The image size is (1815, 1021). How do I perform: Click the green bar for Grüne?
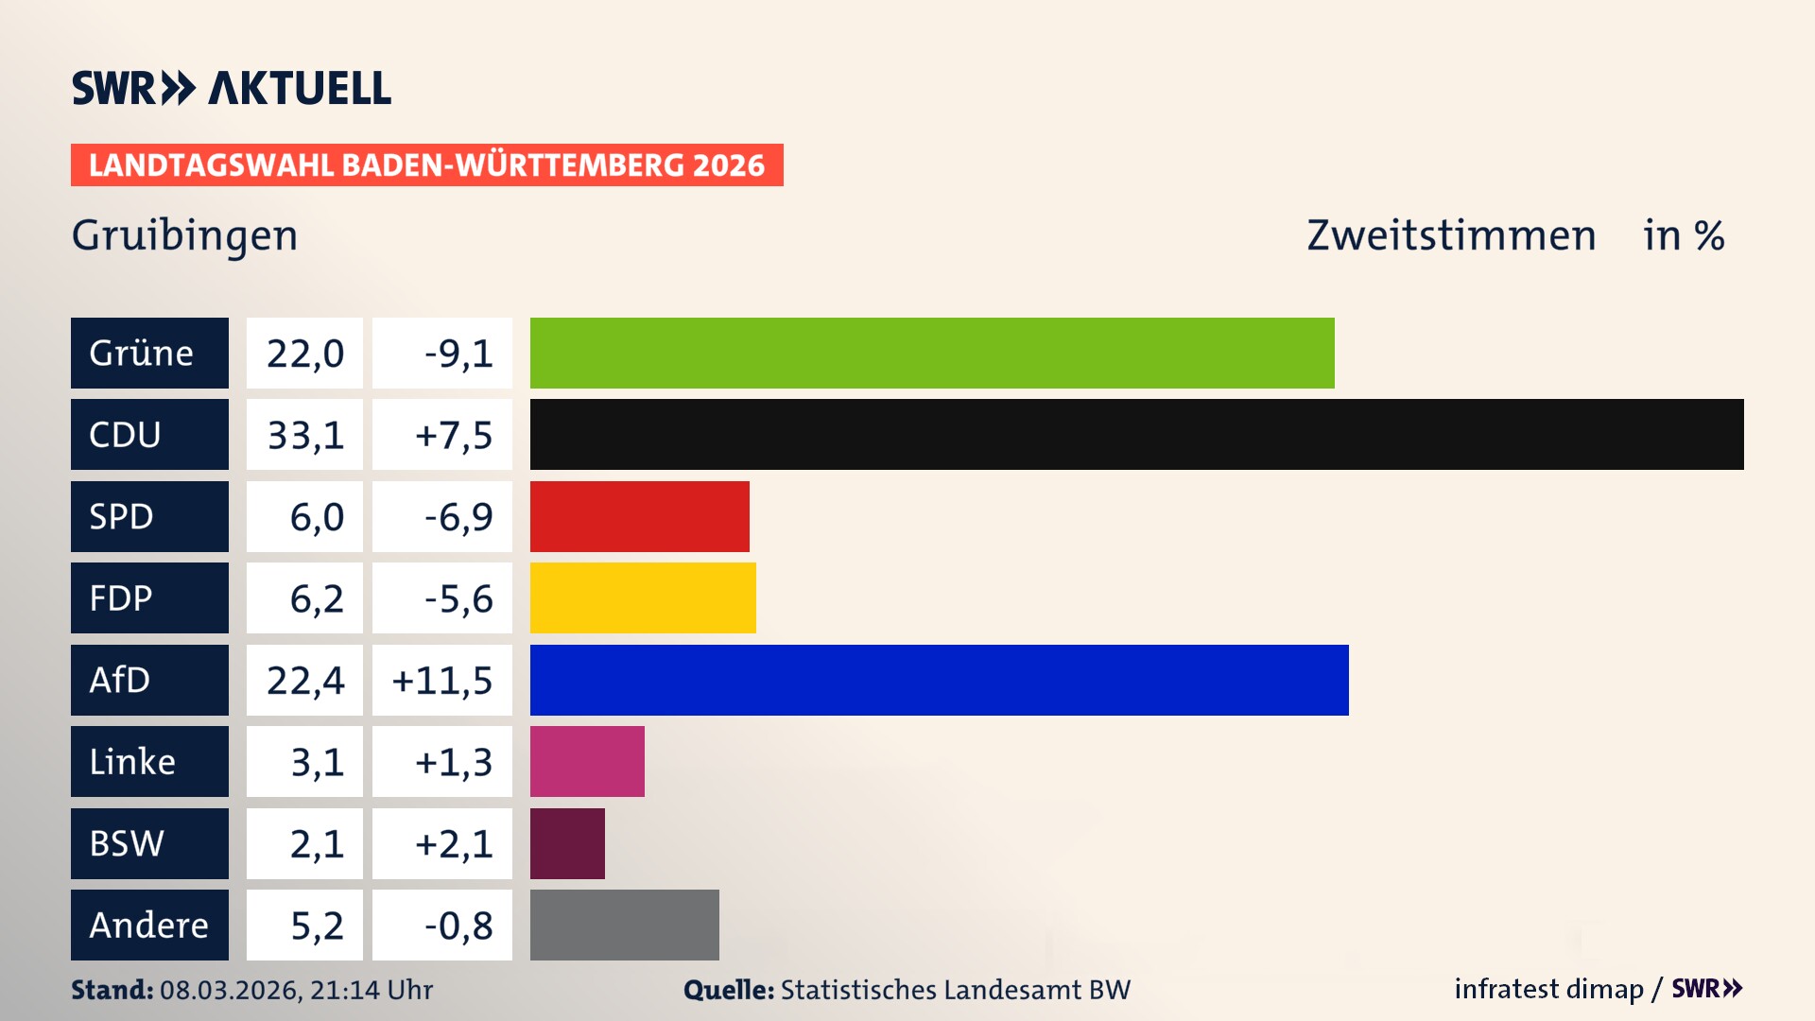pyautogui.click(x=931, y=353)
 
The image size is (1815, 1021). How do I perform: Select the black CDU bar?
pyautogui.click(x=1136, y=434)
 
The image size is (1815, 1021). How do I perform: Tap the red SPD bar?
pyautogui.click(x=639, y=516)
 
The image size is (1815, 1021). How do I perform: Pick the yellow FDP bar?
pyautogui.click(x=643, y=597)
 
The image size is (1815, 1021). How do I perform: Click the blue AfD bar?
pyautogui.click(x=939, y=680)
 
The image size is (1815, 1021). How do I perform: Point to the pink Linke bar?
pyautogui.click(x=587, y=761)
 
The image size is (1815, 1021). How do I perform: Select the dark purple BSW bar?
pyautogui.click(x=567, y=843)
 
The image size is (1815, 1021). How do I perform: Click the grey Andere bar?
pyautogui.click(x=624, y=925)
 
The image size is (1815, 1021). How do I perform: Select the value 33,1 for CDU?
pyautogui.click(x=304, y=435)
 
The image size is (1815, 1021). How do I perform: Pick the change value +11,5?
pyautogui.click(x=442, y=681)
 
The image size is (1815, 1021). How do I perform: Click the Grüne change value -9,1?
pyautogui.click(x=458, y=354)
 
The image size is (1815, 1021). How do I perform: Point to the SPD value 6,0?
pyautogui.click(x=316, y=517)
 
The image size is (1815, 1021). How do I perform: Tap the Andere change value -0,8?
pyautogui.click(x=458, y=926)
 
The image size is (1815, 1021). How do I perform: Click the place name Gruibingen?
pyautogui.click(x=184, y=235)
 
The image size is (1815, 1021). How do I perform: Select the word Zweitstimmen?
pyautogui.click(x=1451, y=235)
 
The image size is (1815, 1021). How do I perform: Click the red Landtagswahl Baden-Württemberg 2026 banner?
pyautogui.click(x=426, y=164)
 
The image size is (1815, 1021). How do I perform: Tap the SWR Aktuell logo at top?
pyautogui.click(x=231, y=88)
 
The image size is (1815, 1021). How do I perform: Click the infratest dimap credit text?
pyautogui.click(x=1548, y=989)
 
